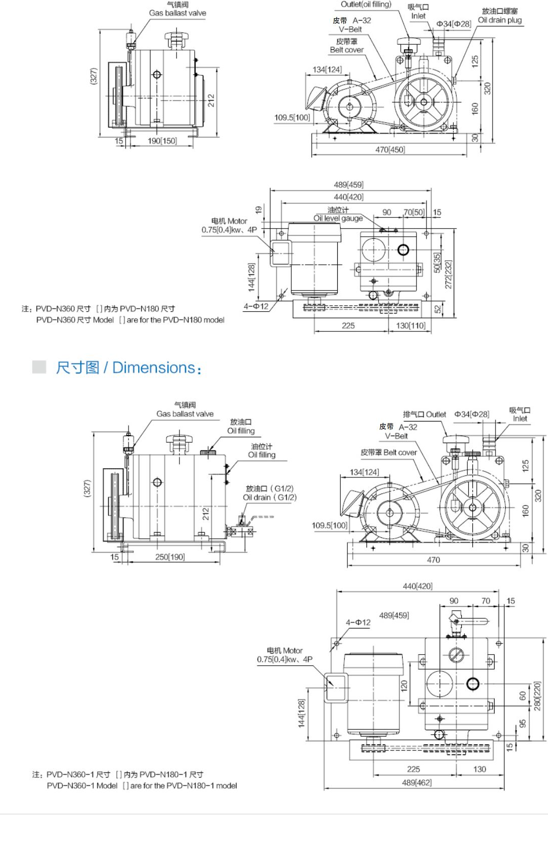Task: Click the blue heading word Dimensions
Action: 154,368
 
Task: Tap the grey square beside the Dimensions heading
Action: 39,367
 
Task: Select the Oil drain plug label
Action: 500,20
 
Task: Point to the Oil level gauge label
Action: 338,218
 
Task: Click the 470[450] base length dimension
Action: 390,150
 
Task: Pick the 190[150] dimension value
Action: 162,141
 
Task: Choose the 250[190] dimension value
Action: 170,557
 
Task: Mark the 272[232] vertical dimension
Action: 448,274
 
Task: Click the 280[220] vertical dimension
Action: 537,696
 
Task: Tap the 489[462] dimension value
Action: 416,783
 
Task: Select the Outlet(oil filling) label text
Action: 366,4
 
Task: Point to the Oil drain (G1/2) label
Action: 270,497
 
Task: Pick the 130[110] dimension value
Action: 411,325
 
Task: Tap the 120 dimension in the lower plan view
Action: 404,685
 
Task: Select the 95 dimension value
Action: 523,723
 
